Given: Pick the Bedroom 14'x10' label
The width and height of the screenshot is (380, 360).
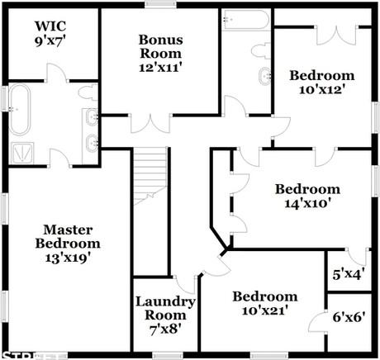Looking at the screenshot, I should (307, 196).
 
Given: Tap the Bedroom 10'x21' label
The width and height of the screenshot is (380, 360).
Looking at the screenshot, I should (264, 304).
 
